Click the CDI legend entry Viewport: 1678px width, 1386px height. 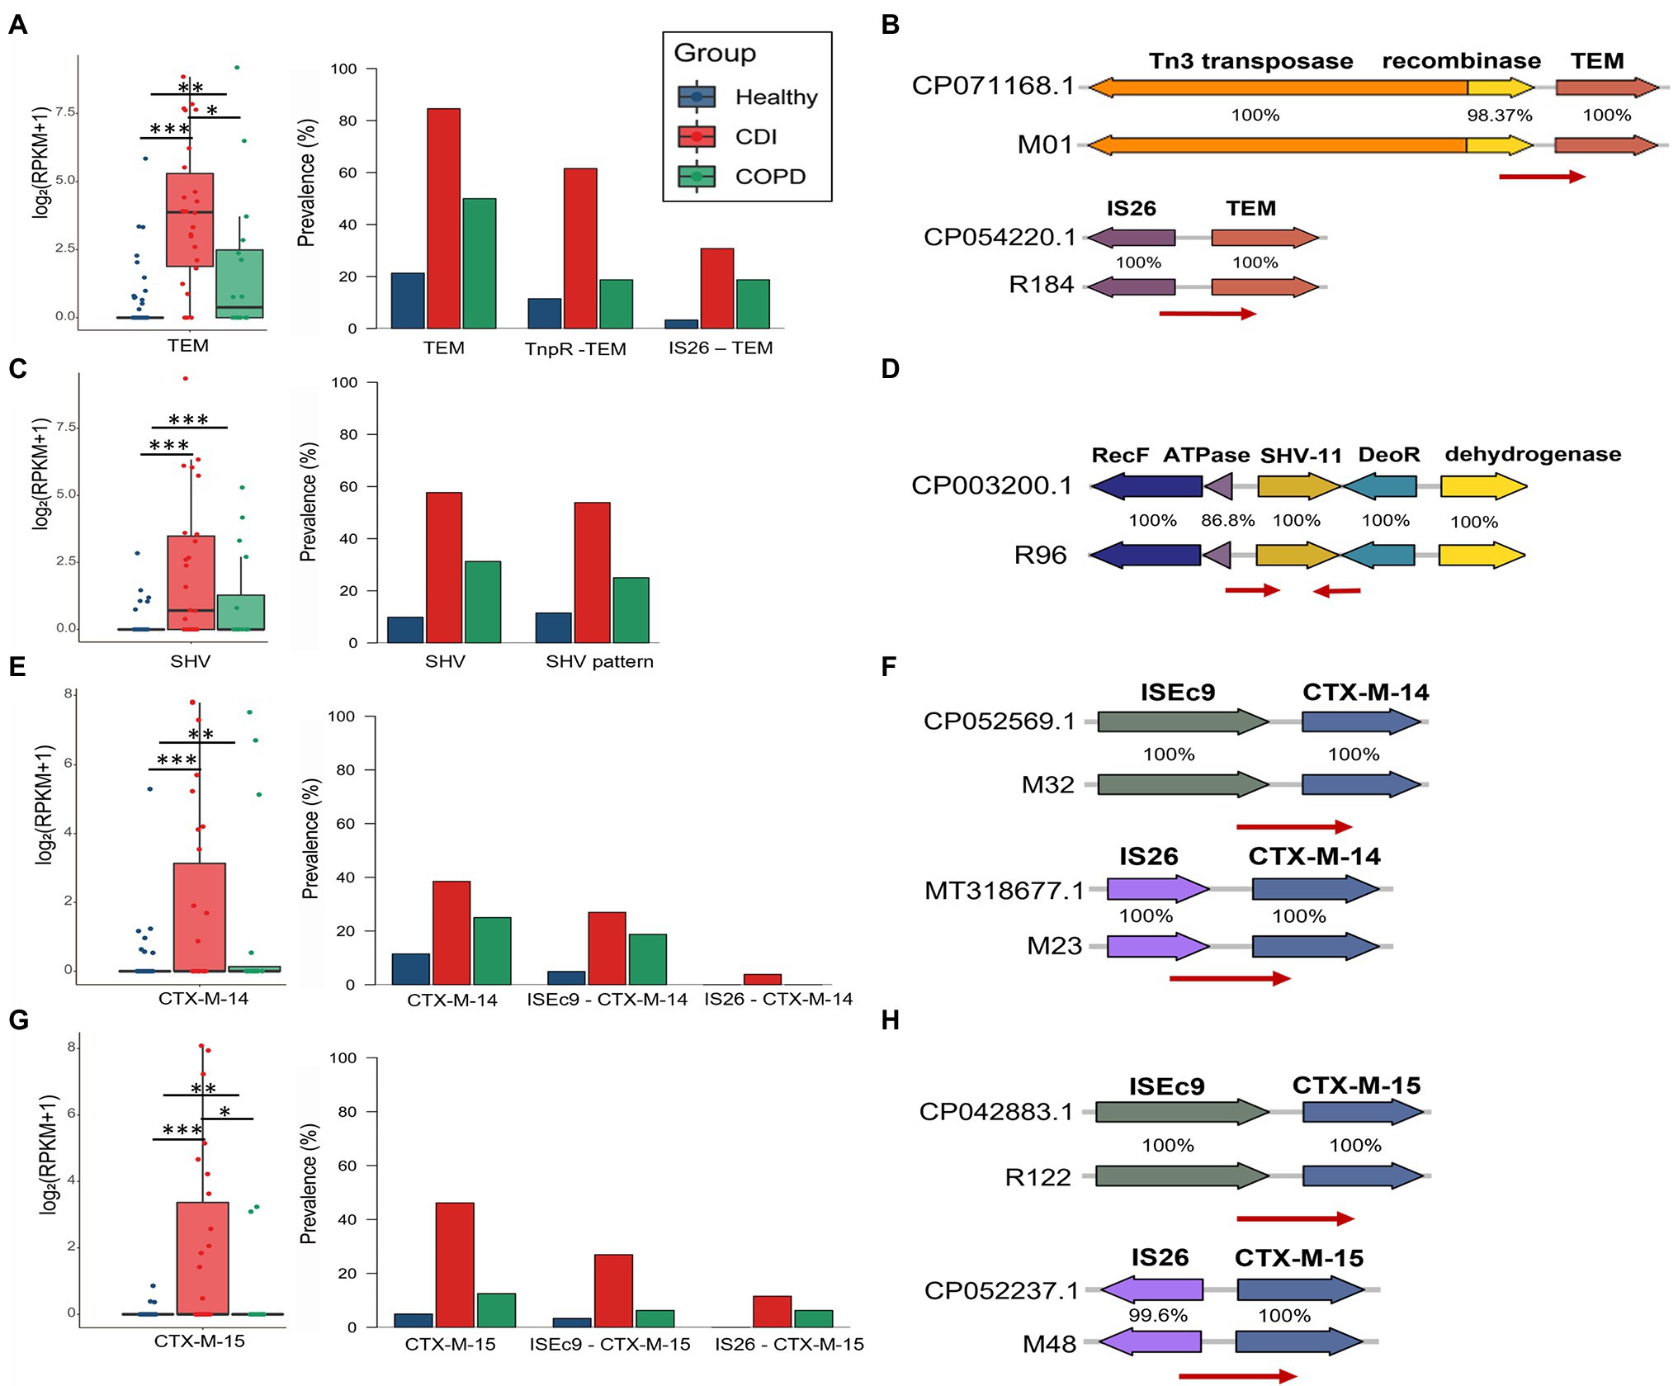[755, 137]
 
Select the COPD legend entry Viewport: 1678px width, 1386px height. [769, 177]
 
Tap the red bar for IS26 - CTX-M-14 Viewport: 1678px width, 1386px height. [762, 979]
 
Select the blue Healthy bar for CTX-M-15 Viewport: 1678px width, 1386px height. [413, 1320]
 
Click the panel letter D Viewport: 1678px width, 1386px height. [890, 369]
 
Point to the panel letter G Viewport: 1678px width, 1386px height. [18, 1020]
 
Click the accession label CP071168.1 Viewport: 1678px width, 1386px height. [993, 86]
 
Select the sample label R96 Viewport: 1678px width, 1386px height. [1040, 556]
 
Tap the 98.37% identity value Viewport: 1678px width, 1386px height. [1499, 116]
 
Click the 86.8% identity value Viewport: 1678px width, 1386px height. [1227, 521]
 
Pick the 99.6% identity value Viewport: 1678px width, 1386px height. [1157, 1316]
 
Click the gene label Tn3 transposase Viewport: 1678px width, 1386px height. [1250, 62]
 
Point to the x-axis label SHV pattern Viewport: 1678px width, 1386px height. [599, 661]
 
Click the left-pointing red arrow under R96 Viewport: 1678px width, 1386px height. [1336, 591]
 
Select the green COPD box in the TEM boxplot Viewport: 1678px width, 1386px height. [239, 283]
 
